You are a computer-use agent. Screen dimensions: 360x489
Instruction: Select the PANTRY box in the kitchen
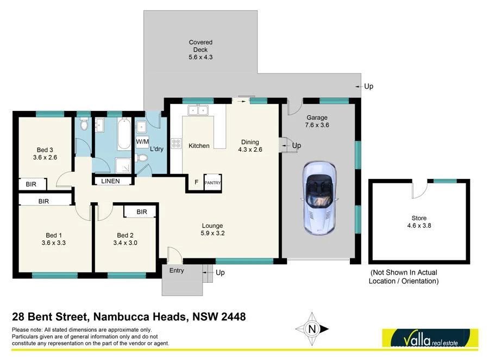(x=212, y=183)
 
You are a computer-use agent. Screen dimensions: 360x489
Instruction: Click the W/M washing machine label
(x=142, y=141)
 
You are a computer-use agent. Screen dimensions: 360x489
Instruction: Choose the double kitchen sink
(x=198, y=110)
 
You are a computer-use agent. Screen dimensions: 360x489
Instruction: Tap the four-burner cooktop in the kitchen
(x=177, y=144)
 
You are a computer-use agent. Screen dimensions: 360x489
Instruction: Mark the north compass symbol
(x=312, y=329)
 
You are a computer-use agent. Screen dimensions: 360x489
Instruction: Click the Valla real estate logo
(x=430, y=338)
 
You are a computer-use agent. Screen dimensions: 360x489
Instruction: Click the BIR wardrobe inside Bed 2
(x=141, y=212)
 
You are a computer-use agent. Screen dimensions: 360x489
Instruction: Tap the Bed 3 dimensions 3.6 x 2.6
(x=45, y=157)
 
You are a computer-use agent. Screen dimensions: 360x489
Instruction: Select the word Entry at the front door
(x=177, y=270)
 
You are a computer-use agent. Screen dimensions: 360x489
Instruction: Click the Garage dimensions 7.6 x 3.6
(x=318, y=125)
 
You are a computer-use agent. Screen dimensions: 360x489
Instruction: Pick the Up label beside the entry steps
(x=220, y=272)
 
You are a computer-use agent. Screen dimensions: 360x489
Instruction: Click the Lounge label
(x=212, y=226)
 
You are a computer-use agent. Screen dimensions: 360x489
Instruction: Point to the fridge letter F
(x=196, y=182)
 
